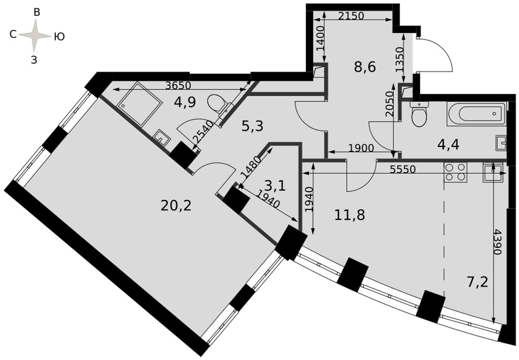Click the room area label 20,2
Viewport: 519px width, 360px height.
(x=176, y=206)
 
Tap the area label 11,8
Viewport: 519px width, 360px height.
(x=349, y=215)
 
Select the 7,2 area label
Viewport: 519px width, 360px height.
(x=477, y=283)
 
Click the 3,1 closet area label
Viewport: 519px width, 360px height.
(x=275, y=186)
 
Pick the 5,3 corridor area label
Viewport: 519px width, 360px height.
(x=252, y=126)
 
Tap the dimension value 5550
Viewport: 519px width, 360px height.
(x=403, y=169)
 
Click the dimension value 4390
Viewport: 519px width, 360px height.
(x=497, y=242)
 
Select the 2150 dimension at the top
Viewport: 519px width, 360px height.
(x=351, y=16)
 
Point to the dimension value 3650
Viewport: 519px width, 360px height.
(x=179, y=85)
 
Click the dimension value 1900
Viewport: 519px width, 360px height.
(x=361, y=148)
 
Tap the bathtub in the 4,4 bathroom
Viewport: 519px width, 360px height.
(x=476, y=114)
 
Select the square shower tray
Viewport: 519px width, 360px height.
(x=139, y=104)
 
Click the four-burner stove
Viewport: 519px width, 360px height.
(x=455, y=172)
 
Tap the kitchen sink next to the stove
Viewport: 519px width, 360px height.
(x=493, y=172)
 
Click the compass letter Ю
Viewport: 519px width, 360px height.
(x=59, y=37)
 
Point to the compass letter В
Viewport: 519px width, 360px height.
(x=37, y=12)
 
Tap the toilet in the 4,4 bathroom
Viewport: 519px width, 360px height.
(x=419, y=114)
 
